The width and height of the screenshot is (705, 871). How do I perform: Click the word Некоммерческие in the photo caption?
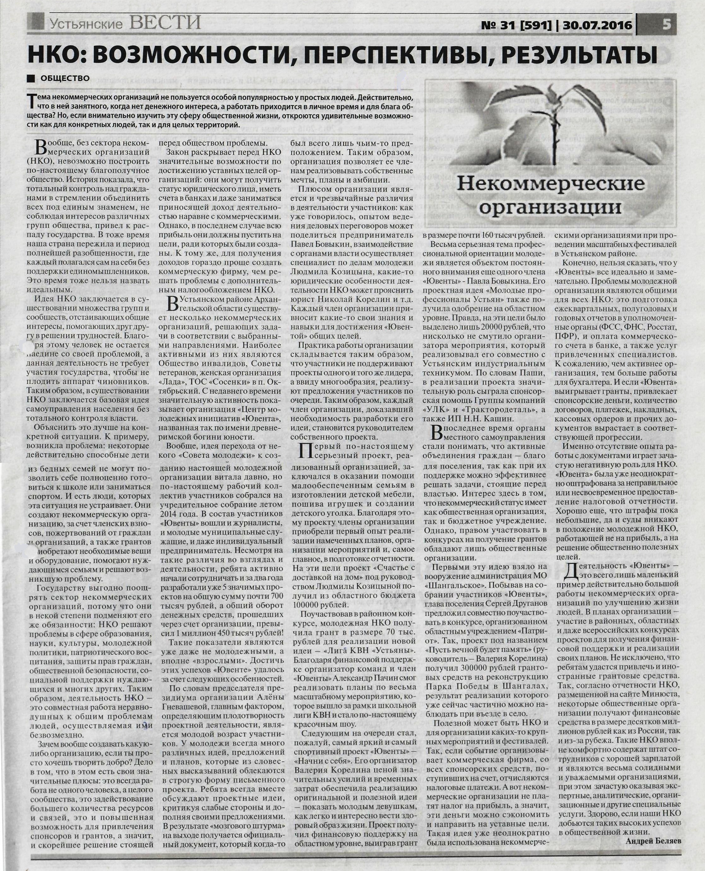point(551,184)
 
